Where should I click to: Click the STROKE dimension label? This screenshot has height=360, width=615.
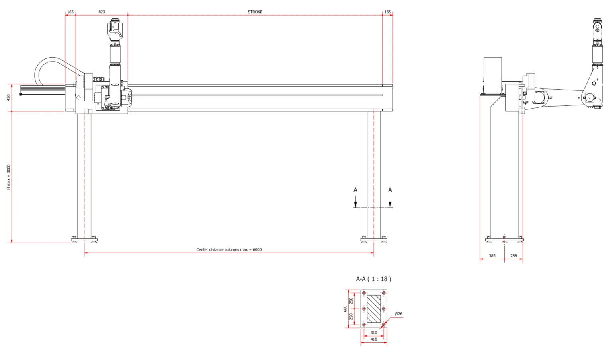[255, 12]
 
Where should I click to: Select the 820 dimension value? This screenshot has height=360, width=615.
[102, 12]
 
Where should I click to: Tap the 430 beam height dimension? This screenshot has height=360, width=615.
[8, 97]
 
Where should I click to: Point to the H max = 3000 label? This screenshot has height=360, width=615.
[8, 177]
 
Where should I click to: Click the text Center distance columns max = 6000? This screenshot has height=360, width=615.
[229, 249]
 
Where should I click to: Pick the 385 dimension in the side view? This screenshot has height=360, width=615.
[492, 256]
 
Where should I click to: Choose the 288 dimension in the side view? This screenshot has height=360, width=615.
[513, 256]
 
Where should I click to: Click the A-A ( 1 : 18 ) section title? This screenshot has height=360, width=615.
[374, 279]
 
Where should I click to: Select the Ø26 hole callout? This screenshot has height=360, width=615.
[398, 313]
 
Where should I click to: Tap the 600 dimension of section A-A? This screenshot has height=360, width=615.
[345, 309]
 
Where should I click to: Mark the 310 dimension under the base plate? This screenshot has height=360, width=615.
[374, 333]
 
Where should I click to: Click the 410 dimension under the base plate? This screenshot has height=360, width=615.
[374, 339]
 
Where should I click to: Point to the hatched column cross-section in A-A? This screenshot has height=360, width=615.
[374, 309]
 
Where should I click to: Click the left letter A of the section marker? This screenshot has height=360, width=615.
[355, 190]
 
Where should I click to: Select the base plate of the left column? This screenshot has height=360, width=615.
[84, 240]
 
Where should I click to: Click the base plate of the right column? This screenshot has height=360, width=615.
[374, 240]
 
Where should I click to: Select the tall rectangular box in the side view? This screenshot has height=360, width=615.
[492, 76]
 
